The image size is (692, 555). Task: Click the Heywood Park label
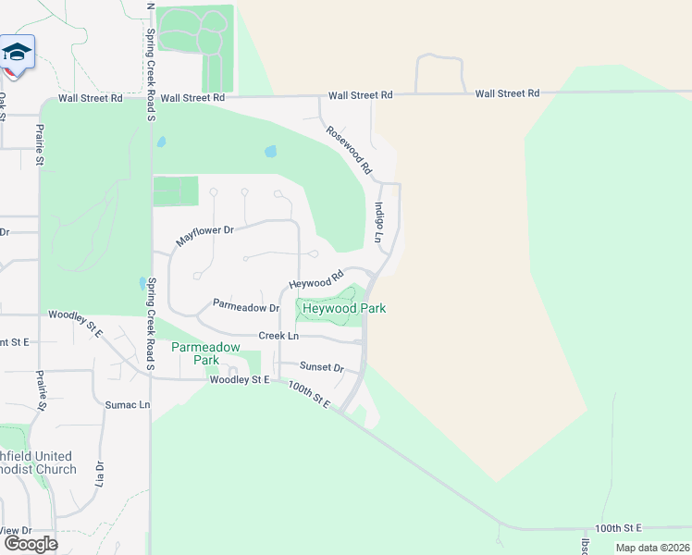pos(343,308)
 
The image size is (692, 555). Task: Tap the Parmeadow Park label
pos(205,353)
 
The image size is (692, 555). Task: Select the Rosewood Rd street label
pos(349,151)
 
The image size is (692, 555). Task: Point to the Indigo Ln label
pos(378,223)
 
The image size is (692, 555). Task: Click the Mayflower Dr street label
pos(206,237)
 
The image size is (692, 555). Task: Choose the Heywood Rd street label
pos(316,278)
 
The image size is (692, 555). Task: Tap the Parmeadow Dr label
pos(246,305)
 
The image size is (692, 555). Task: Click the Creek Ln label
pos(278,336)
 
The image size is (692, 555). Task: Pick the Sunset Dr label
pos(321,367)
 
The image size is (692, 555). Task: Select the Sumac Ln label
pos(128,404)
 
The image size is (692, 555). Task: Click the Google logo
pos(31,543)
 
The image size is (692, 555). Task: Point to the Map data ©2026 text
pos(651,548)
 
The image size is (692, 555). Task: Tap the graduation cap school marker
pos(16,52)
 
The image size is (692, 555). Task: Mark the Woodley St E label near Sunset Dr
pos(239,379)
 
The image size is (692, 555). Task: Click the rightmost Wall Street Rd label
pos(507,93)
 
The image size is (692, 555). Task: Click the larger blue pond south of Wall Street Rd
pos(270,151)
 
